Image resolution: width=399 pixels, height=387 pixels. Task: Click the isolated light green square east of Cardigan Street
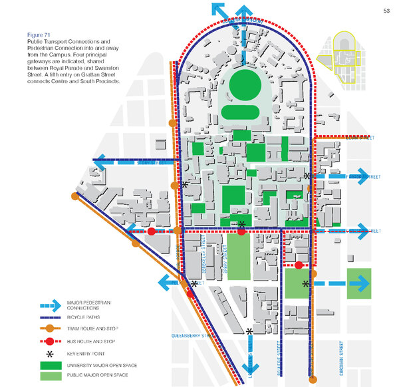click(x=358, y=283)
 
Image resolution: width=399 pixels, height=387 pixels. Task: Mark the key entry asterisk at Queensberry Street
click(x=249, y=331)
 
